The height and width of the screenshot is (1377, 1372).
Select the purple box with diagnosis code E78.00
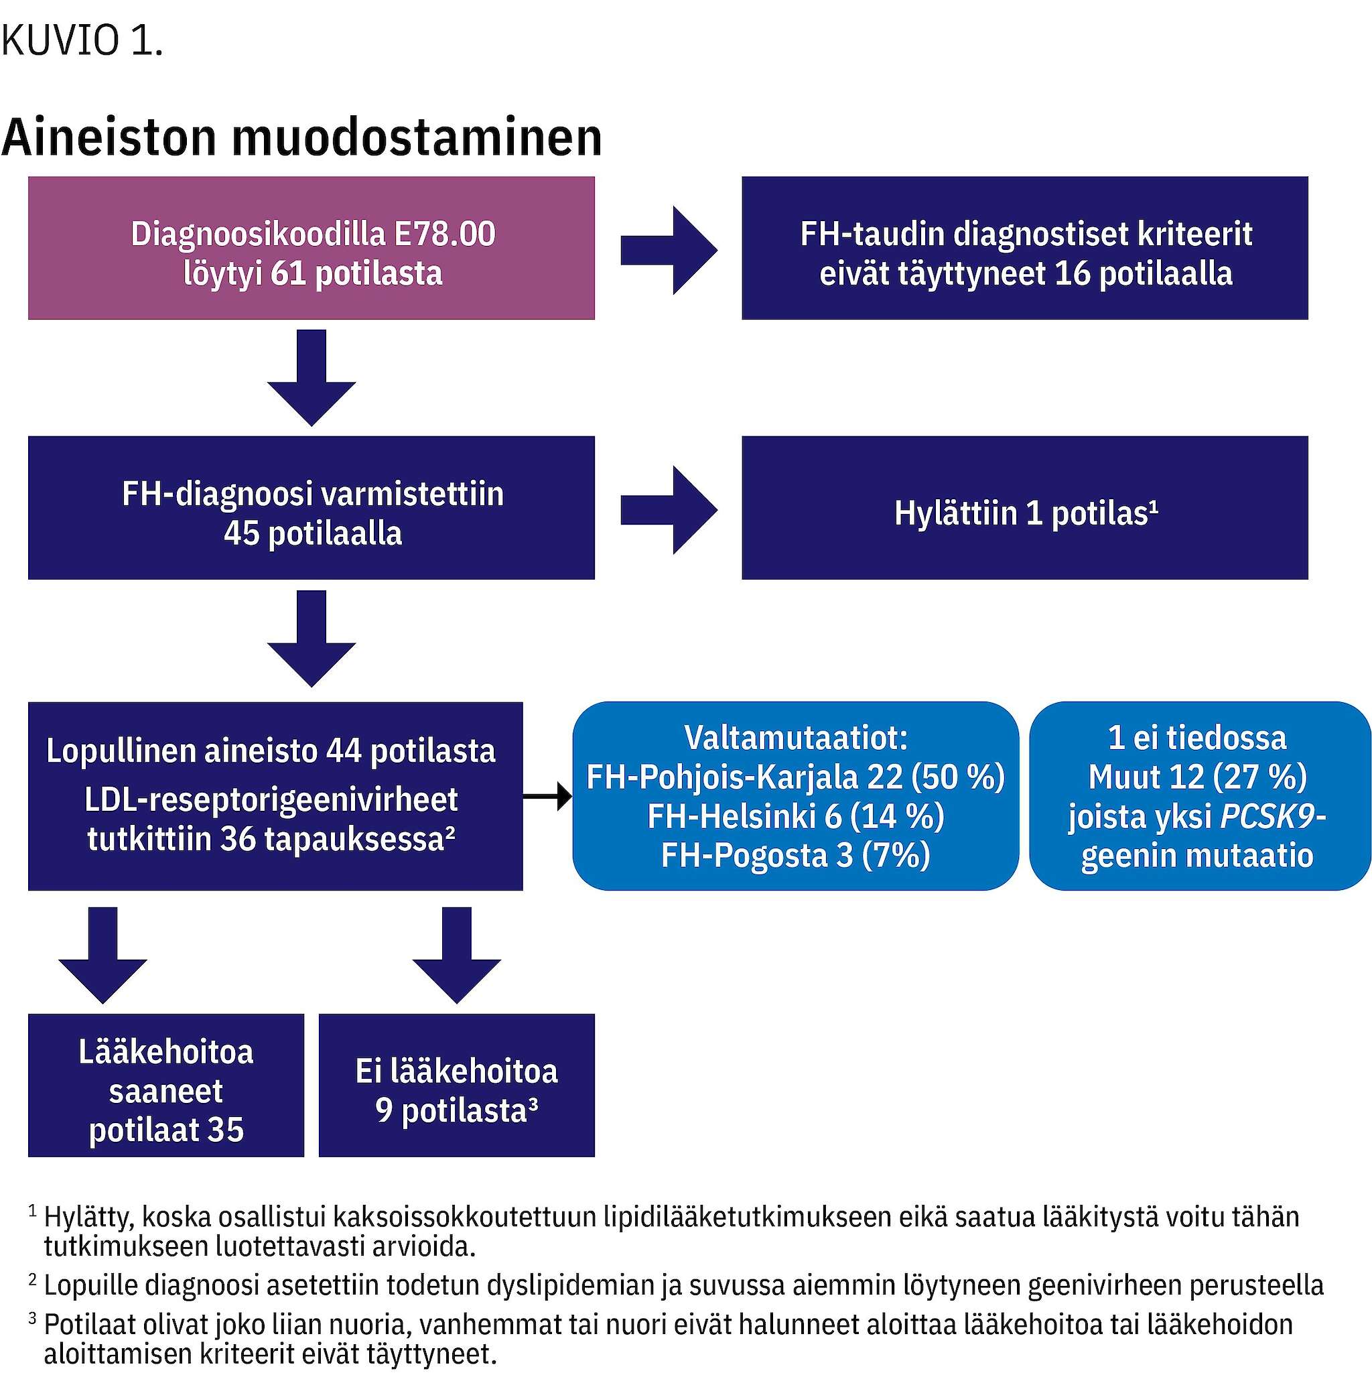(312, 248)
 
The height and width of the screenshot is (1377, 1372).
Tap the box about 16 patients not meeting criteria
(1025, 248)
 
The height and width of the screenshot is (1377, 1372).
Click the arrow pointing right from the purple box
(669, 251)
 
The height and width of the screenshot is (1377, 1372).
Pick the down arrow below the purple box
(312, 378)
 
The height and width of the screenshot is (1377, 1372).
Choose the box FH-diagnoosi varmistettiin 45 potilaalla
(312, 507)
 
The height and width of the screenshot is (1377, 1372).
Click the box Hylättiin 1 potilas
(1025, 507)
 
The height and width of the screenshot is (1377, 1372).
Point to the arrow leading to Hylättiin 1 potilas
(669, 511)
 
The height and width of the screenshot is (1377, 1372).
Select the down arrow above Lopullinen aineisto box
(312, 639)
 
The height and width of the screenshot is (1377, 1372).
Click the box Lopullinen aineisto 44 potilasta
(275, 796)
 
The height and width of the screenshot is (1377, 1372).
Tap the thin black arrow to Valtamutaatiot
(547, 796)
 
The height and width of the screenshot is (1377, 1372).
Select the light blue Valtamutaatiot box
(795, 796)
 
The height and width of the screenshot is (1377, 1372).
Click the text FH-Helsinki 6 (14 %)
(795, 816)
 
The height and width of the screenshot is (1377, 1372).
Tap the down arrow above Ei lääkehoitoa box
(456, 955)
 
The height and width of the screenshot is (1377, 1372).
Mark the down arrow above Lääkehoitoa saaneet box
(102, 955)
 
